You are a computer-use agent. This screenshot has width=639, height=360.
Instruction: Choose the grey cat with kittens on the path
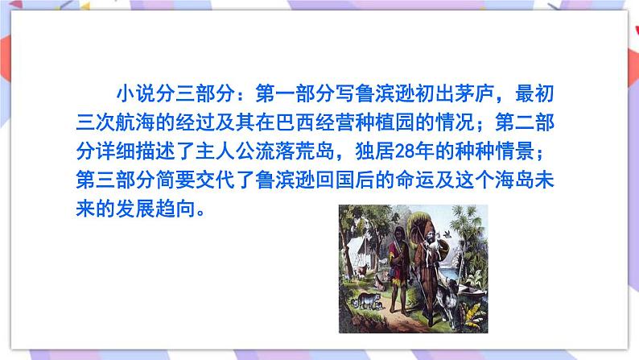(368, 300)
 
